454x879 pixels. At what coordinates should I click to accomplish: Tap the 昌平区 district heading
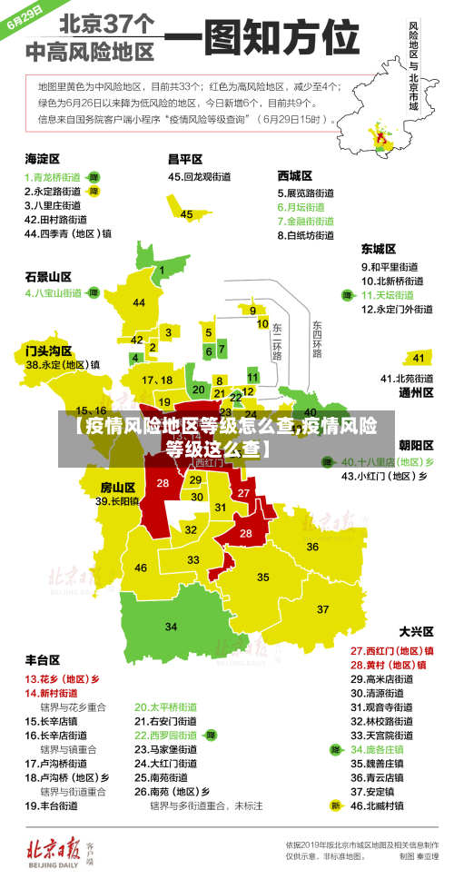click(x=184, y=158)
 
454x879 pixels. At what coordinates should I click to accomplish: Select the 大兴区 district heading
click(x=417, y=630)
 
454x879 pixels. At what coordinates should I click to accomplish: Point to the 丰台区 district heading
click(x=43, y=659)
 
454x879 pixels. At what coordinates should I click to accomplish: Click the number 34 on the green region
click(x=171, y=627)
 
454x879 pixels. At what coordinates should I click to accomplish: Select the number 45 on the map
click(x=186, y=214)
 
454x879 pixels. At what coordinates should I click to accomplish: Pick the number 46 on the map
click(x=141, y=568)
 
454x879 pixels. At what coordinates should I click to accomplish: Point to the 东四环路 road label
click(x=317, y=339)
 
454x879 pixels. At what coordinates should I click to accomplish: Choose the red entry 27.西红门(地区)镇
click(x=391, y=651)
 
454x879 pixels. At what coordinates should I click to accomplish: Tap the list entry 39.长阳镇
click(x=118, y=500)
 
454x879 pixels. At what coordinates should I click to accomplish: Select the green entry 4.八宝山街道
click(x=54, y=293)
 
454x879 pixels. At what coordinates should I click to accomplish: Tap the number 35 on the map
click(x=263, y=577)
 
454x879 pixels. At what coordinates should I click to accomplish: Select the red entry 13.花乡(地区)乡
click(x=62, y=678)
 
